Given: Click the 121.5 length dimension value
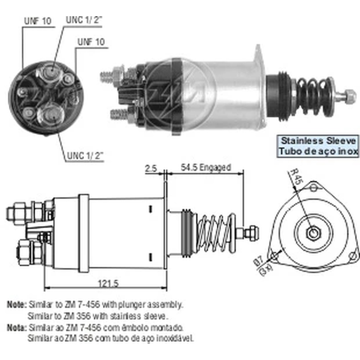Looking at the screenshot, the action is (x=108, y=284).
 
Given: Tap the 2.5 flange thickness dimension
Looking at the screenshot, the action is (x=151, y=169).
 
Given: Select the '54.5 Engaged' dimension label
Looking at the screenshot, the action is (x=206, y=167).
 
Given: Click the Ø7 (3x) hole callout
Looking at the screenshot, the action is (x=264, y=266).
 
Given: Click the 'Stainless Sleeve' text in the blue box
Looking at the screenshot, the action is (x=318, y=141).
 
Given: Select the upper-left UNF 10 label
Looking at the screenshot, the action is (x=38, y=21).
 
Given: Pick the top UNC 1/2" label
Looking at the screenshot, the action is (x=84, y=20).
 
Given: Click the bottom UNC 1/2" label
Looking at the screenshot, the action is (x=85, y=156).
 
